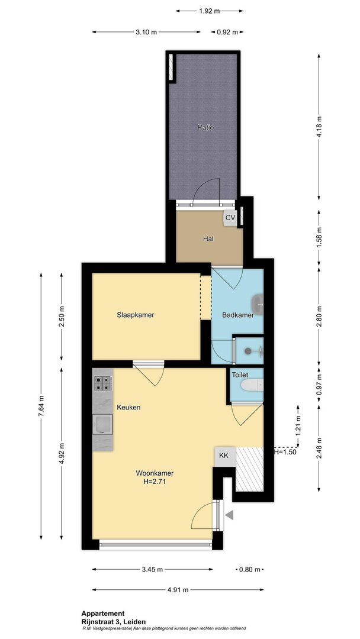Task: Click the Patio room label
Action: pyautogui.click(x=205, y=127)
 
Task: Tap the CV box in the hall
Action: pyautogui.click(x=230, y=218)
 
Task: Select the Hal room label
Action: pyautogui.click(x=209, y=239)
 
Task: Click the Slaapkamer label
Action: pyautogui.click(x=136, y=315)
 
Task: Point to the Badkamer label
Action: pyautogui.click(x=238, y=315)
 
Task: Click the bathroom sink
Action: pyautogui.click(x=258, y=302)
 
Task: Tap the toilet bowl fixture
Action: pyautogui.click(x=252, y=385)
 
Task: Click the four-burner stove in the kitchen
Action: pyautogui.click(x=103, y=383)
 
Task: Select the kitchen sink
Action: pyautogui.click(x=102, y=424)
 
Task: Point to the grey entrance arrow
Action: pyautogui.click(x=230, y=515)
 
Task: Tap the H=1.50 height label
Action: pyautogui.click(x=285, y=451)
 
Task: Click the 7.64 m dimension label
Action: pyautogui.click(x=41, y=406)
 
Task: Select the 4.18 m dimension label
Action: pyautogui.click(x=319, y=127)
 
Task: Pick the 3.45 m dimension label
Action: pyautogui.click(x=152, y=569)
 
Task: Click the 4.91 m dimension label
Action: pyautogui.click(x=178, y=590)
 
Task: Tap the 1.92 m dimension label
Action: pyautogui.click(x=210, y=11)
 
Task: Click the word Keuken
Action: pyautogui.click(x=129, y=407)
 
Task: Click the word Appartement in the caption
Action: pyautogui.click(x=103, y=614)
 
